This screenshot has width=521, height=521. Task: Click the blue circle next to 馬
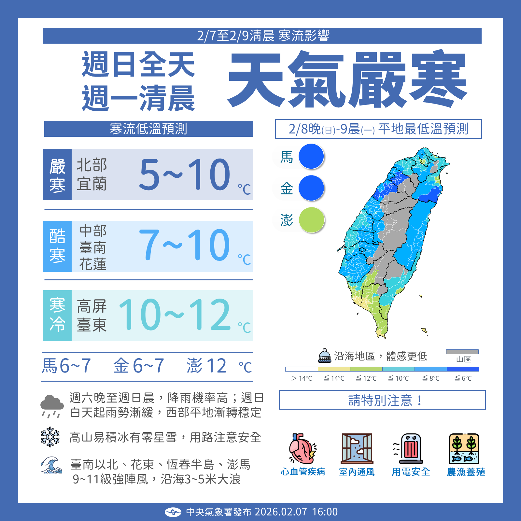(x=311, y=156)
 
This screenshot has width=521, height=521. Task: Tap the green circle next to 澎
(x=312, y=220)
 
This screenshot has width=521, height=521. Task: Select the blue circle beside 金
(x=311, y=188)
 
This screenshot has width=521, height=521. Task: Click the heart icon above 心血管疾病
(x=302, y=448)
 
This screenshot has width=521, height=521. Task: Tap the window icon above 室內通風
(x=357, y=448)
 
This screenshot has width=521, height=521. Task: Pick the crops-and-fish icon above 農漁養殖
(x=464, y=448)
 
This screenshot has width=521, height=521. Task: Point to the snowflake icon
(x=50, y=437)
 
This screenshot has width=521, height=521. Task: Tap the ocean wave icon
(x=51, y=465)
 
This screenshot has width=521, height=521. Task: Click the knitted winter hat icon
(x=325, y=356)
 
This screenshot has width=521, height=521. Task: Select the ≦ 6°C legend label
(x=463, y=378)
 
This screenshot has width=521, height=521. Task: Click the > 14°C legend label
(x=302, y=378)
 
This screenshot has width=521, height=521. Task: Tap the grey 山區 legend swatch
(x=462, y=352)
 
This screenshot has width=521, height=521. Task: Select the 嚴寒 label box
(x=57, y=175)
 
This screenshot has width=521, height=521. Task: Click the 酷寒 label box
(x=57, y=246)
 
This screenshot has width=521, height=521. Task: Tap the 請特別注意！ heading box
(x=382, y=400)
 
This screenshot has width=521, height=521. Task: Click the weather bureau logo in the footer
(x=173, y=512)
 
